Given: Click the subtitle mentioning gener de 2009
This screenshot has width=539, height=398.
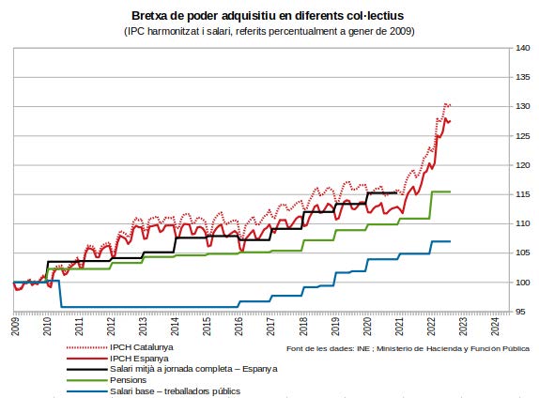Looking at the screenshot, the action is click(x=269, y=31).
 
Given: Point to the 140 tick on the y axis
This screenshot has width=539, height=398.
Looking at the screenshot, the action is click(x=522, y=48).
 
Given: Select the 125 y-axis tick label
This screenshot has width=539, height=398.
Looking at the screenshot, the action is click(x=522, y=136).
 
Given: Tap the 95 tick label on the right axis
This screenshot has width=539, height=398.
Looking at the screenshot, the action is click(x=520, y=312).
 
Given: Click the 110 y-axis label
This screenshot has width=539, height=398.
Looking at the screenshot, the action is click(x=522, y=223).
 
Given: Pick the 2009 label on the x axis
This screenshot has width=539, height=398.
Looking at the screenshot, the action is click(x=15, y=326).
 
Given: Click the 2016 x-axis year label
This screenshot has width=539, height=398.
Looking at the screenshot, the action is click(x=239, y=326).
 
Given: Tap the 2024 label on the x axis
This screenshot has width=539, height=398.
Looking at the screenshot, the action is click(x=495, y=326).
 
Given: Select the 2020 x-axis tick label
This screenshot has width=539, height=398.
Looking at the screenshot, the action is click(x=367, y=326).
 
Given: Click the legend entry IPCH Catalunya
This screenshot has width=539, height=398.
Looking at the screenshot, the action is click(x=142, y=347).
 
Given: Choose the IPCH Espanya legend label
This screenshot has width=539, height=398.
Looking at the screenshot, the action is click(x=139, y=359).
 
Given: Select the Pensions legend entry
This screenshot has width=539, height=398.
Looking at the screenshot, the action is click(x=129, y=380).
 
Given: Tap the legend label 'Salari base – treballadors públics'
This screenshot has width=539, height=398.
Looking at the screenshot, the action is click(x=175, y=391).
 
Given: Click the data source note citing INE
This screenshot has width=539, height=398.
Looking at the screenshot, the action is click(x=408, y=348).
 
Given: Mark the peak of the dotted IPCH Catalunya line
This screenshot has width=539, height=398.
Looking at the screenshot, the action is click(x=446, y=103).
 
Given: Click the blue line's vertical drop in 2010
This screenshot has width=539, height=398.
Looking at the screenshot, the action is click(x=60, y=294).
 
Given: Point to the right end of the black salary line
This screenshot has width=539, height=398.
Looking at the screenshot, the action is click(x=396, y=192).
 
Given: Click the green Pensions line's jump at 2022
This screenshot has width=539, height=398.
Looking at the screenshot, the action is click(x=431, y=205).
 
